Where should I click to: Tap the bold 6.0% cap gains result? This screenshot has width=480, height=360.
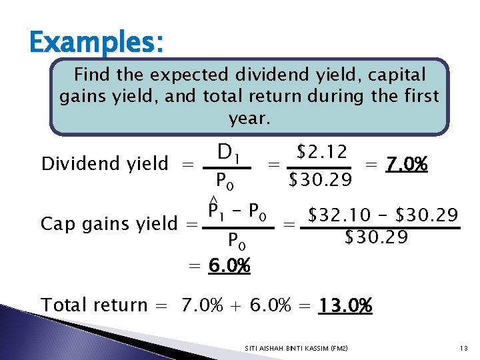tap(229, 266)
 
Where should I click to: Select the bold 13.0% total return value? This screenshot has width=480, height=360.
tap(345, 305)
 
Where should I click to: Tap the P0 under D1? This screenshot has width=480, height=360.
tap(224, 181)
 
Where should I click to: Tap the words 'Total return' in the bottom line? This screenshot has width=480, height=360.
tap(93, 305)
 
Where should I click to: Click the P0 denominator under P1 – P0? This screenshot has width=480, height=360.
tap(239, 239)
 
